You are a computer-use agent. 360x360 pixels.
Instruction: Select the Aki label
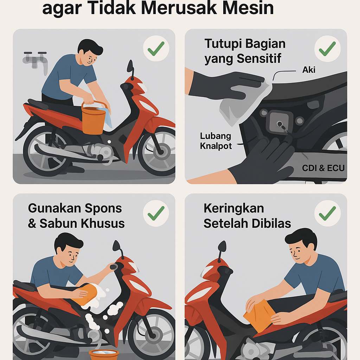[x=309, y=70]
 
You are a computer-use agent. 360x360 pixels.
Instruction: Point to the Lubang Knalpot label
[x=216, y=141]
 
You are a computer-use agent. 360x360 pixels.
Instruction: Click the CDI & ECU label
[x=323, y=168]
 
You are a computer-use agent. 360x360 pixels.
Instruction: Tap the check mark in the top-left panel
[x=156, y=49]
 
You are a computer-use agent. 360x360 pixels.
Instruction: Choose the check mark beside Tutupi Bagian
[x=327, y=49]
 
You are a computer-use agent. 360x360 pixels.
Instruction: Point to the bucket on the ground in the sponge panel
[x=103, y=354]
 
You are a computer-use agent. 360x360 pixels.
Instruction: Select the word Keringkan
[x=233, y=208]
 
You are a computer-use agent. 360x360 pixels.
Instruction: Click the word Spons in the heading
[x=104, y=208]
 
